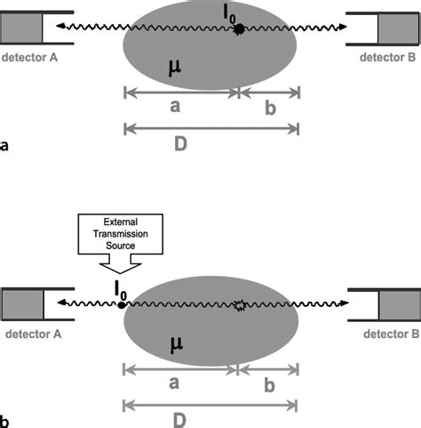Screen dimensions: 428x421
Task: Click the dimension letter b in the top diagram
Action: [267, 106]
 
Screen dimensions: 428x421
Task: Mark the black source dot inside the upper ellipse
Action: [239, 29]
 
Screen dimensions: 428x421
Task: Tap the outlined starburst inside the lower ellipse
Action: [238, 304]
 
